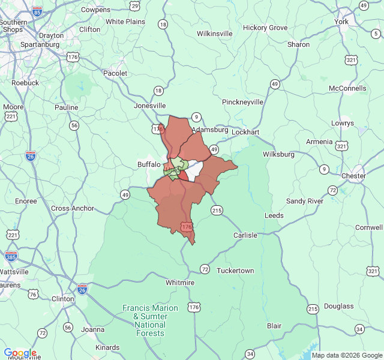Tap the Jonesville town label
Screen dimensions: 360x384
(x=149, y=105)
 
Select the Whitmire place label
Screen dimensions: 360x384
(x=180, y=283)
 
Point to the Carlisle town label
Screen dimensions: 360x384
(x=245, y=235)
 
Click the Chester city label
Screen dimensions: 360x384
(x=353, y=176)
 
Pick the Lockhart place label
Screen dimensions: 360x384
(x=245, y=131)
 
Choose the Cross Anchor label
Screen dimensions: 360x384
(x=73, y=208)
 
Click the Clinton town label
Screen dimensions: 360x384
(x=64, y=298)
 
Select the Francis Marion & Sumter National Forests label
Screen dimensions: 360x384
(x=151, y=320)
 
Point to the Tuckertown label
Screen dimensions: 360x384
(x=235, y=271)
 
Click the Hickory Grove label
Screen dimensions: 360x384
(x=265, y=28)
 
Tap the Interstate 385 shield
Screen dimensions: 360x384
(x=11, y=256)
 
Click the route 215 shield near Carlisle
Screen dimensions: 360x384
(x=217, y=210)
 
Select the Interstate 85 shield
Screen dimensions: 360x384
(x=38, y=11)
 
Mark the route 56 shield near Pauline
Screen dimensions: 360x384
(x=74, y=125)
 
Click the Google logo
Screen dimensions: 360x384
(x=20, y=353)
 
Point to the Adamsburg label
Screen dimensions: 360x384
(x=210, y=130)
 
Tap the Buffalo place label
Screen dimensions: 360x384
(x=149, y=164)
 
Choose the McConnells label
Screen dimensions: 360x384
(x=347, y=88)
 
